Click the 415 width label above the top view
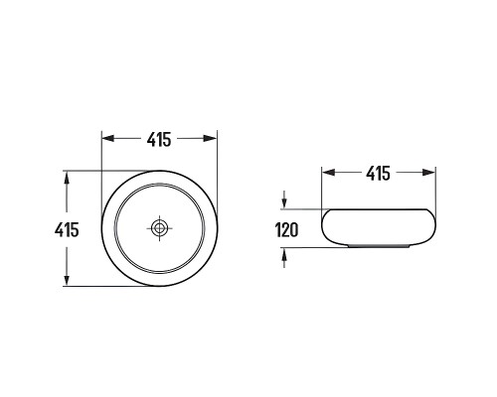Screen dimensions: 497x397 pos(159,139)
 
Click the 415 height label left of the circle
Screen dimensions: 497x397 pos(67,229)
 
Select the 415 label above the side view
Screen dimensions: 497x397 pos(378,173)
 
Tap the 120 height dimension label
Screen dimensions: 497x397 pos(287,230)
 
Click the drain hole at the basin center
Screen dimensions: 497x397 pos(160,227)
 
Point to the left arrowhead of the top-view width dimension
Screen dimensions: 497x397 pos(107,138)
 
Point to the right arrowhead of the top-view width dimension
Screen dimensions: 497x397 pos(210,138)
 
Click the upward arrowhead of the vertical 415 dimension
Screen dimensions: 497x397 pos(67,178)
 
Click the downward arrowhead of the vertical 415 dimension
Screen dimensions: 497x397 pos(67,279)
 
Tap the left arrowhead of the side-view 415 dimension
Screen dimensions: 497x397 pos(328,173)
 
